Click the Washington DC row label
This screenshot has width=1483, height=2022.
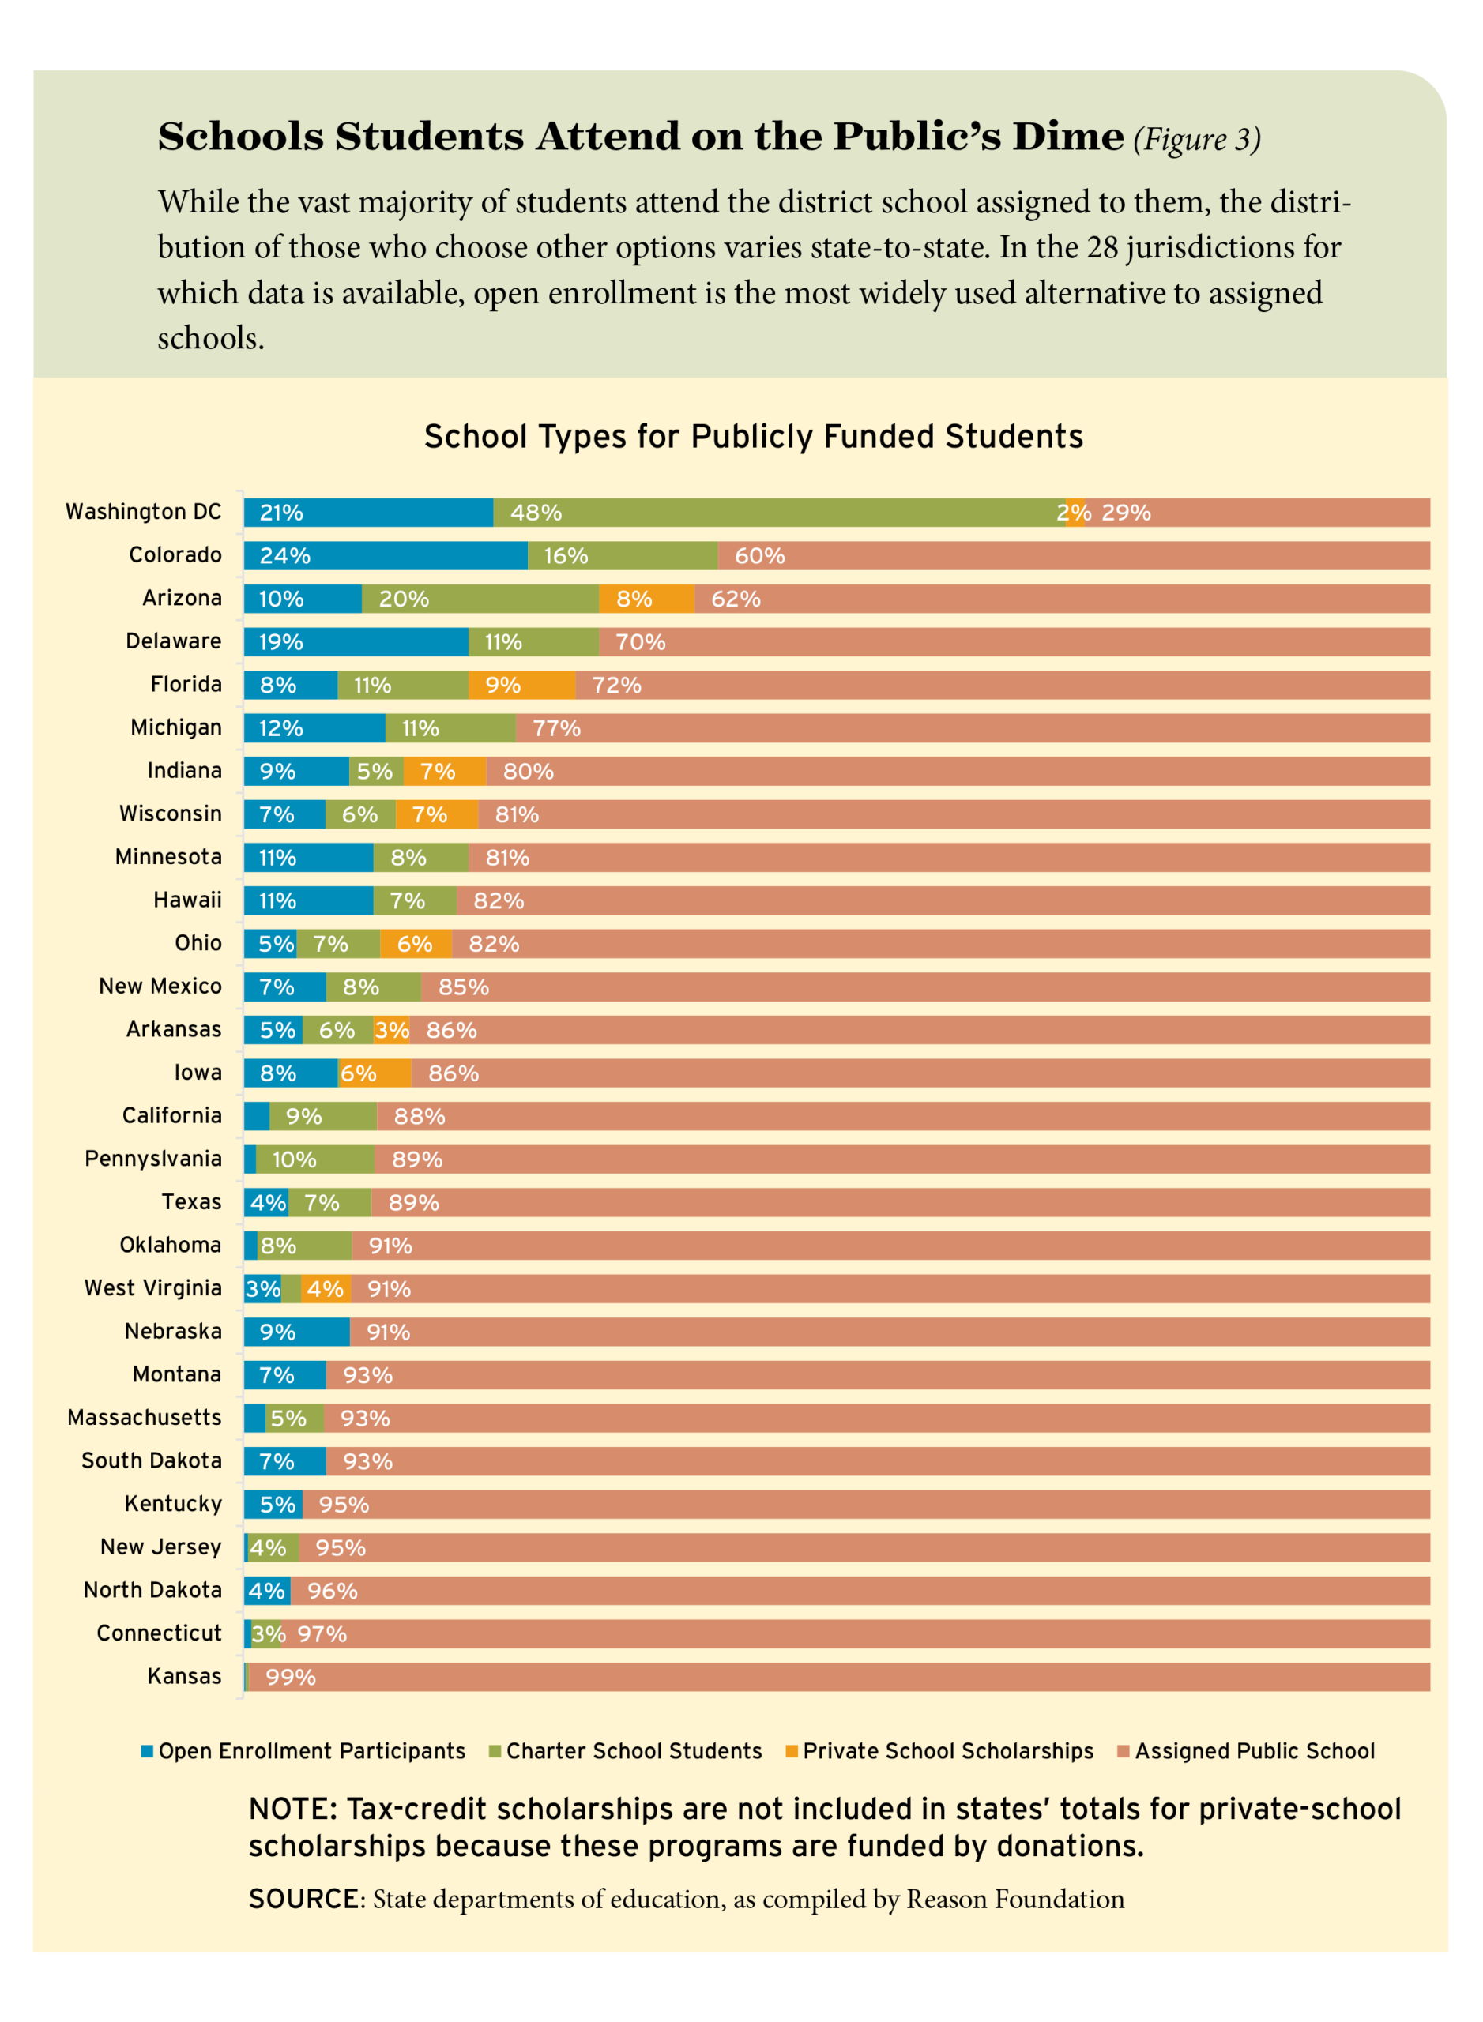(143, 512)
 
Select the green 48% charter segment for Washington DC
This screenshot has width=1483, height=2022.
(778, 513)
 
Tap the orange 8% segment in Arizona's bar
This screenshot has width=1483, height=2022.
(646, 599)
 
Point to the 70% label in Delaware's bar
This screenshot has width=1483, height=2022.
(640, 641)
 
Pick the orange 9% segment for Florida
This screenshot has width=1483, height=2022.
(521, 685)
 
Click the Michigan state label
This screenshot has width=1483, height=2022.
(176, 727)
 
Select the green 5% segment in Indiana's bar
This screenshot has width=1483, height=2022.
(375, 771)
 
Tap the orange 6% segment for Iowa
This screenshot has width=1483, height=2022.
(375, 1073)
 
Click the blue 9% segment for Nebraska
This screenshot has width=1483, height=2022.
(296, 1332)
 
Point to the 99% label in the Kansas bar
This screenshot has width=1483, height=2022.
(291, 1678)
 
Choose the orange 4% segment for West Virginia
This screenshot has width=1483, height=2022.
(325, 1289)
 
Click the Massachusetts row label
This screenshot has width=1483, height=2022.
(145, 1417)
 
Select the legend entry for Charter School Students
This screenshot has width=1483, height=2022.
(633, 1751)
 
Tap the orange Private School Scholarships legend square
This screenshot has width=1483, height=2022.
(791, 1751)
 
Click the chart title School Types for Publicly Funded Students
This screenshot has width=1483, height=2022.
(753, 436)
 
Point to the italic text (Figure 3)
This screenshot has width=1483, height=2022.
(1197, 139)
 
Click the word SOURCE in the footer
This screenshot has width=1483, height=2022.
(303, 1899)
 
